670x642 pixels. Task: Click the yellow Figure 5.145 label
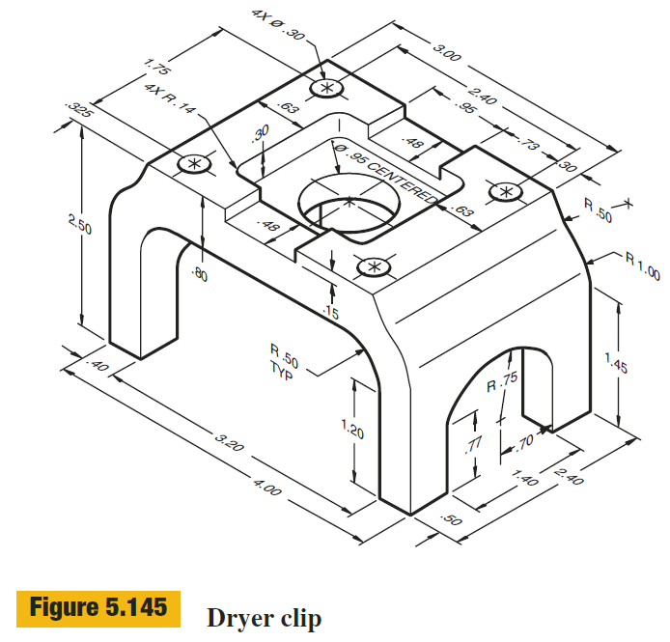click(x=96, y=608)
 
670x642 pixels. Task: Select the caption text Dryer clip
click(x=264, y=616)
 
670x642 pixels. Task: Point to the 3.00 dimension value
click(x=446, y=53)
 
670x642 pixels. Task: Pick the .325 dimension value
click(x=77, y=112)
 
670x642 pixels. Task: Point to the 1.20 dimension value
click(x=353, y=428)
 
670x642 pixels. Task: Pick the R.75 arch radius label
click(x=502, y=384)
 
